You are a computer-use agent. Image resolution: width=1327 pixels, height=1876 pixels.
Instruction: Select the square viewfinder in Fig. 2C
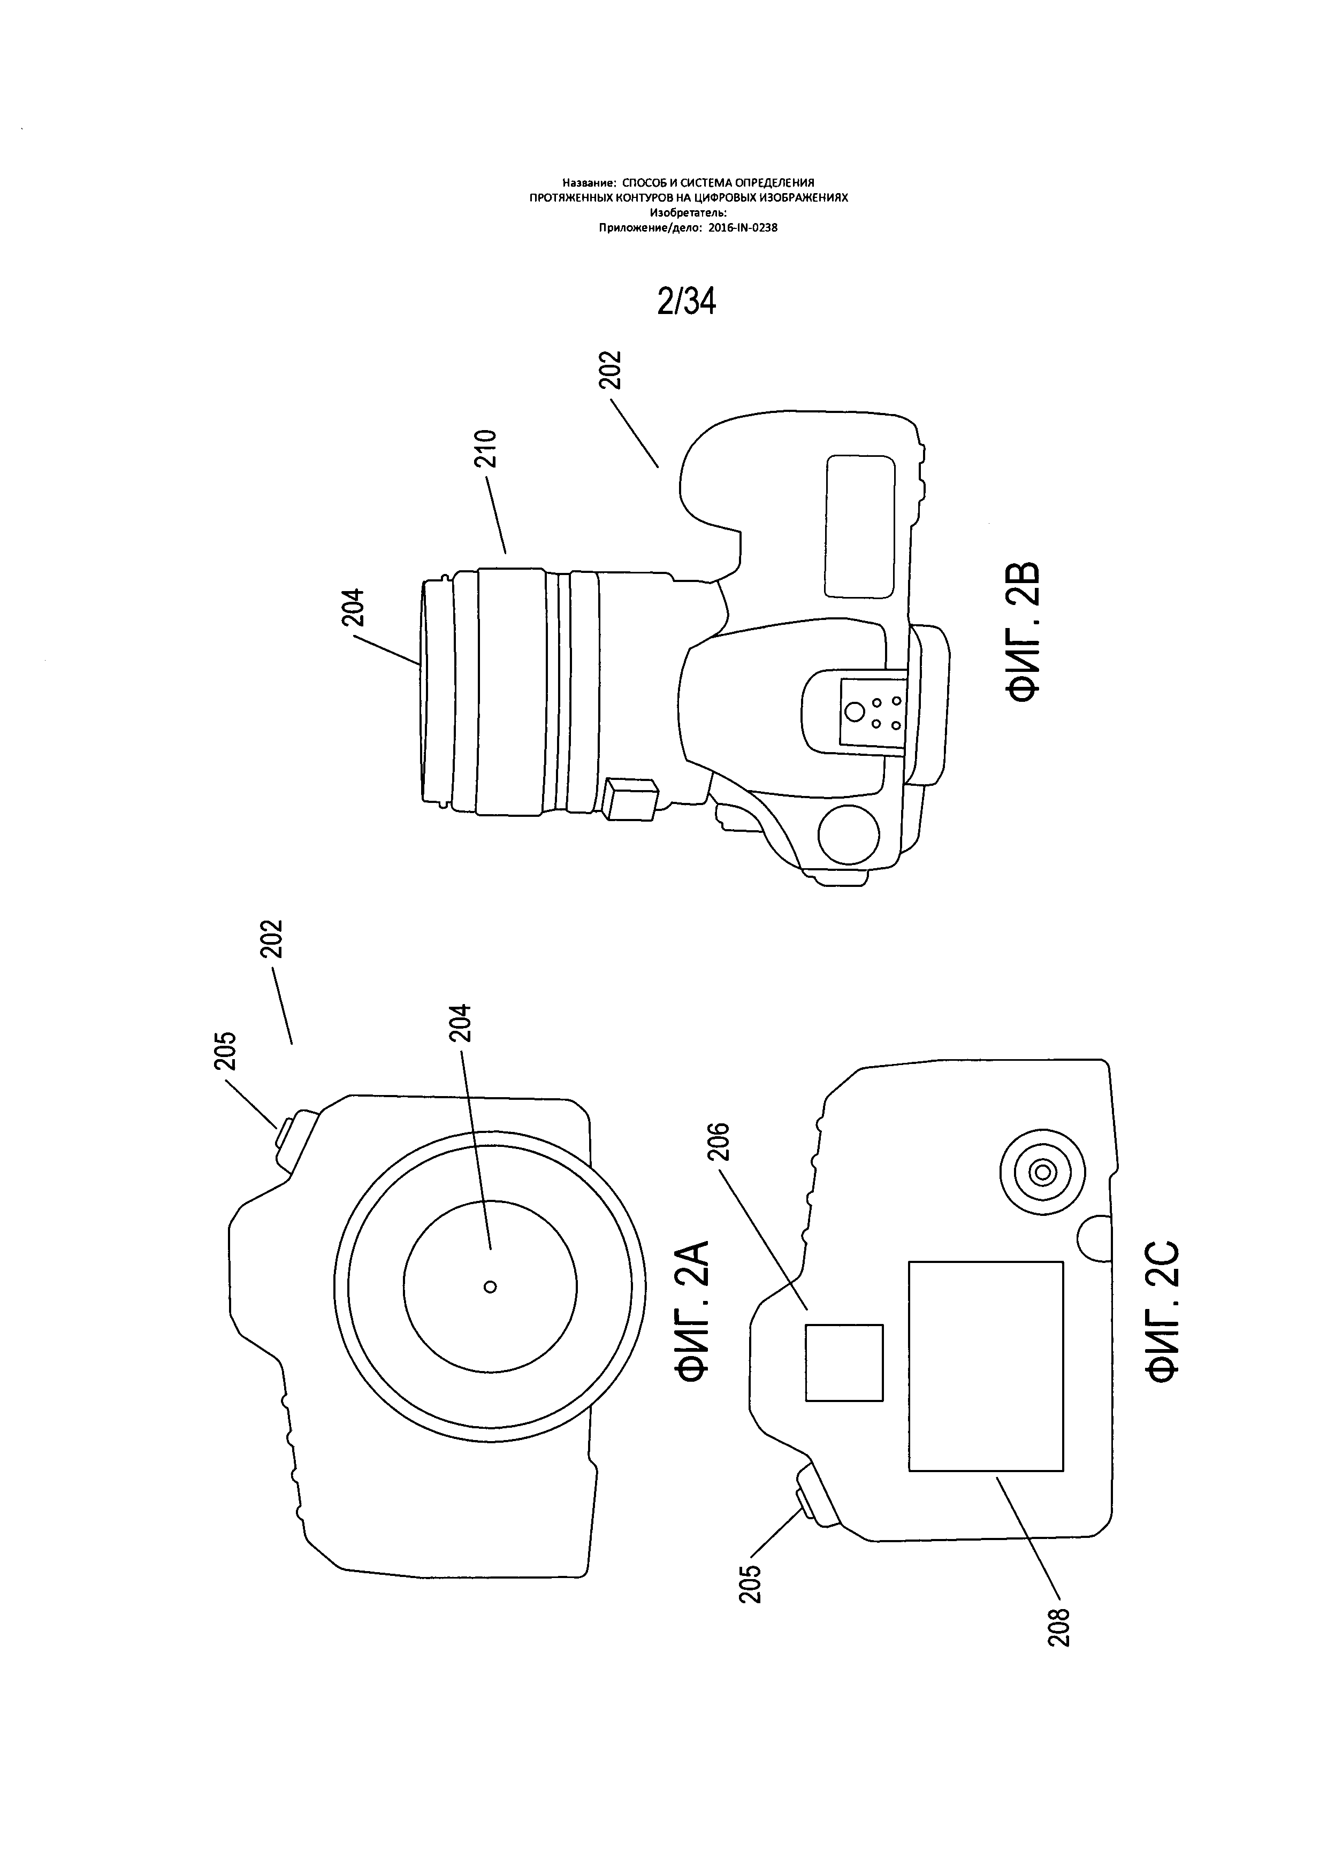coord(844,1362)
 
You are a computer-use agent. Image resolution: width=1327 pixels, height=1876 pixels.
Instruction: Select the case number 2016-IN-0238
coord(742,228)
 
